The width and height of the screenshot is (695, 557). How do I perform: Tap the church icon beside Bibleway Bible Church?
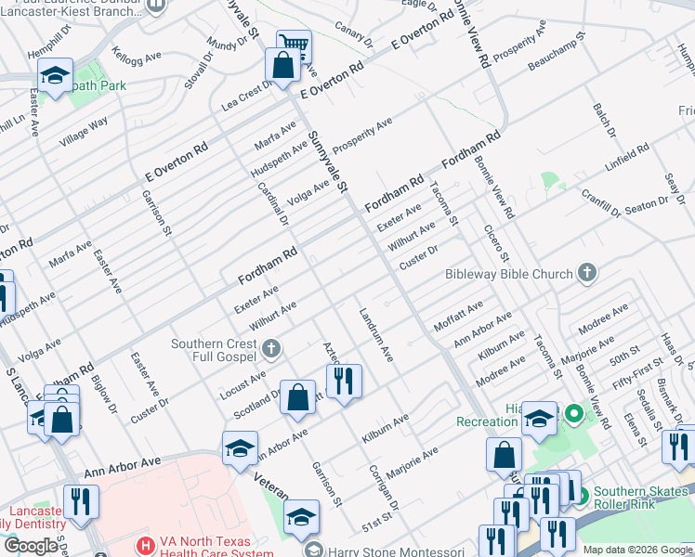click(x=585, y=273)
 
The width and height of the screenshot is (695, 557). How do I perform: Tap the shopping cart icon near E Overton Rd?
click(x=294, y=44)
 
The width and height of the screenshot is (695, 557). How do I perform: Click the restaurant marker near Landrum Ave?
click(x=344, y=380)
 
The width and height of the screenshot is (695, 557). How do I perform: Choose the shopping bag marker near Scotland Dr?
click(x=298, y=397)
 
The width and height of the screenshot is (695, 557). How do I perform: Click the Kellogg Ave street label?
click(x=131, y=62)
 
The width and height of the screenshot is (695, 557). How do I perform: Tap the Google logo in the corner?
click(x=31, y=546)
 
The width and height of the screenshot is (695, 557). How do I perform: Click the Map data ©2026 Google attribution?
click(x=637, y=550)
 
